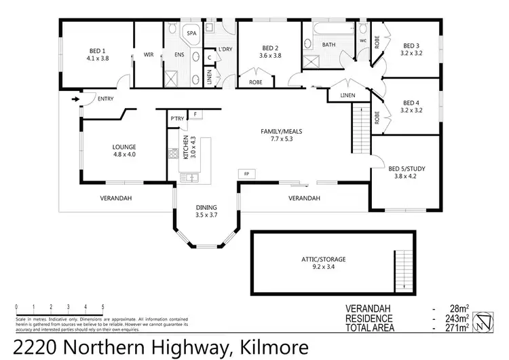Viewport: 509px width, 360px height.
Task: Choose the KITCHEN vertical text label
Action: pos(185,147)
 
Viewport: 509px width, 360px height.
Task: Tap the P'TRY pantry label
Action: pos(177,119)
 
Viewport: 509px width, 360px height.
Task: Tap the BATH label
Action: pos(328,45)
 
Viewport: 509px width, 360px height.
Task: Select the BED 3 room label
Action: pos(412,48)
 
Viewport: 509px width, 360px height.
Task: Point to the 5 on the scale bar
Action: pos(103,307)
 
